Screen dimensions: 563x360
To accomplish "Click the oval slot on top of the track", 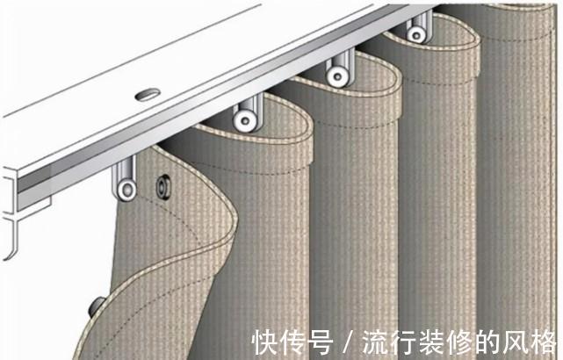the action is (x=146, y=92).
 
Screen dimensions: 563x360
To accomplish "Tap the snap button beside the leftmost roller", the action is (x=162, y=185).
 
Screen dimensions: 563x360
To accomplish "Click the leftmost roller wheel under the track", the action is (x=128, y=189).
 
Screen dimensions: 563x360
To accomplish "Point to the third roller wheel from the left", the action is (x=336, y=76).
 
